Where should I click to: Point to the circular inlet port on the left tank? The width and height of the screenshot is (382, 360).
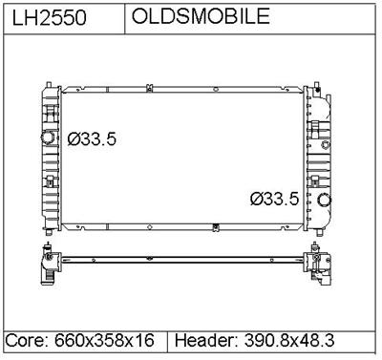click(47, 138)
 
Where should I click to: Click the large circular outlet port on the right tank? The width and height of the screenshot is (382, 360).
click(325, 201)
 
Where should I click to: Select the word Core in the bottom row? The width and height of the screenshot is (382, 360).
click(24, 341)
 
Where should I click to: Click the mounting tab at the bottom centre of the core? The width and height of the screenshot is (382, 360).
click(218, 226)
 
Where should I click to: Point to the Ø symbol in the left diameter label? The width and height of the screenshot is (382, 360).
click(74, 138)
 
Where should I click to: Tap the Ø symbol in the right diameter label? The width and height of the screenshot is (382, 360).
click(256, 200)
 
